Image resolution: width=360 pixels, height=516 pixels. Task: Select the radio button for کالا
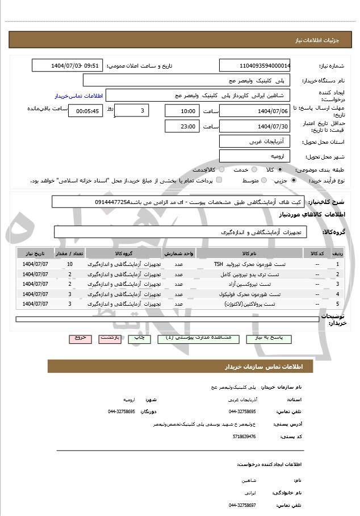coord(280,169)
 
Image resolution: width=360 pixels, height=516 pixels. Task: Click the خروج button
coord(80,338)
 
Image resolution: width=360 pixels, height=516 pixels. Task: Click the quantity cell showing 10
coord(69,264)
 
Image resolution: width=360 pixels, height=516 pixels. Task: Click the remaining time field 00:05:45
coord(85,111)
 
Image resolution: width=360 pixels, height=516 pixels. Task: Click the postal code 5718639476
coord(243,436)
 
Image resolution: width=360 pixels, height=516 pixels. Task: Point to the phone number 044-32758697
coord(243,505)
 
